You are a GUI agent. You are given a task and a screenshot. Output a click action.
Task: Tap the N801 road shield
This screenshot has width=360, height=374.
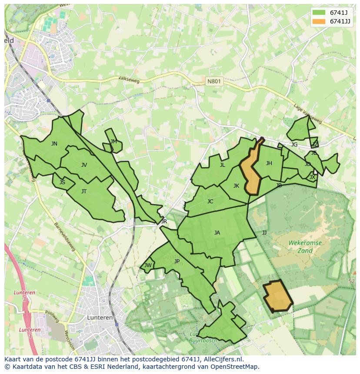(x=213, y=81)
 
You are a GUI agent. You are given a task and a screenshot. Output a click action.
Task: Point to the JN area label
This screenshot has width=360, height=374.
(x=54, y=144)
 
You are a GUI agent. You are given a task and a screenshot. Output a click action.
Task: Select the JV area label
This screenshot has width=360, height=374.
(x=84, y=165)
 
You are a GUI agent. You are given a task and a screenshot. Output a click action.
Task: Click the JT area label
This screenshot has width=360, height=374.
(x=84, y=192)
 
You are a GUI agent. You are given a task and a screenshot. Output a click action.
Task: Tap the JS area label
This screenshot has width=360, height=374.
(x=62, y=182)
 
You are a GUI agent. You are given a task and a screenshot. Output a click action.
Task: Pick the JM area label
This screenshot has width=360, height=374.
(x=113, y=142)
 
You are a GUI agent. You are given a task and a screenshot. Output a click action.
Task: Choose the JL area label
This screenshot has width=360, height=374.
(x=222, y=165)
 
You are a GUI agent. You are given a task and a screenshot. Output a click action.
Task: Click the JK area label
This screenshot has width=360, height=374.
(x=236, y=186)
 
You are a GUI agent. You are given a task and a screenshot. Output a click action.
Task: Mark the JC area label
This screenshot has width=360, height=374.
(x=210, y=202)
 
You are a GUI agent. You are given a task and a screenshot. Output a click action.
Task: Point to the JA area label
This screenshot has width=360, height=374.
(x=217, y=233)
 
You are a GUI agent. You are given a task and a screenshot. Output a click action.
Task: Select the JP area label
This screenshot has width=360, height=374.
(x=177, y=261)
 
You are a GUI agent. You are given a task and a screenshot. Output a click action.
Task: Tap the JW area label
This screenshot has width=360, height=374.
(x=148, y=265)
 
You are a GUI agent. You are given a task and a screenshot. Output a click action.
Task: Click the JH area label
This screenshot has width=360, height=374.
(x=269, y=163)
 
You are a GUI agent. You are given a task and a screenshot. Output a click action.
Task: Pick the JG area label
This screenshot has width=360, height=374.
(x=294, y=145)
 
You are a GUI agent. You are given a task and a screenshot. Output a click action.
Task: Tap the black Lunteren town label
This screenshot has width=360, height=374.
(x=100, y=318)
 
